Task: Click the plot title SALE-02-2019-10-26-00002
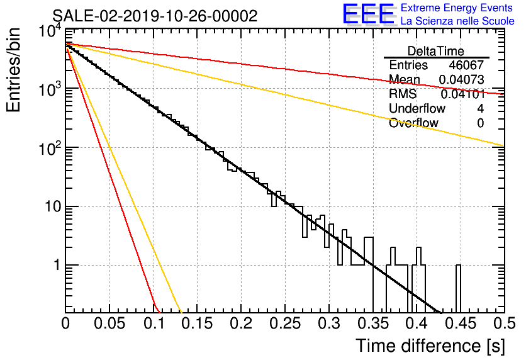click(155, 16)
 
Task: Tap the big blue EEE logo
click(368, 14)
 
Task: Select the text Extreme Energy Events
click(457, 8)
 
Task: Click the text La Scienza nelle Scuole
click(457, 21)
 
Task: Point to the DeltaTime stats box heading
click(436, 51)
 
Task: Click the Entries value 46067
click(466, 65)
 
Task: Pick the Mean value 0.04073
click(461, 79)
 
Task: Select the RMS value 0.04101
click(462, 94)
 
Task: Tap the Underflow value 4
click(480, 108)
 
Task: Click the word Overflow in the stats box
click(413, 123)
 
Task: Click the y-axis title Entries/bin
click(13, 70)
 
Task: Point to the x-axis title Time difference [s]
click(430, 346)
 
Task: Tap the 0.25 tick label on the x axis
click(285, 323)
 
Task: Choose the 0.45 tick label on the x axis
click(461, 323)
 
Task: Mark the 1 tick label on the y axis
click(57, 265)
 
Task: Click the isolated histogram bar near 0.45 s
click(458, 289)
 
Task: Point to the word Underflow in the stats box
click(417, 108)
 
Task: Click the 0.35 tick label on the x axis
click(372, 323)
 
